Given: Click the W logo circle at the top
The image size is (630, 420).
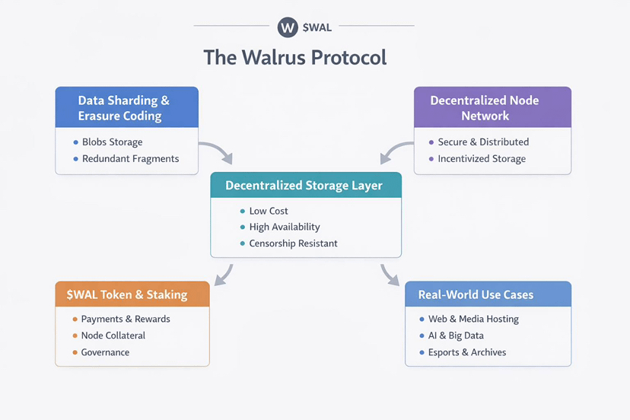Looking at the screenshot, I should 287,27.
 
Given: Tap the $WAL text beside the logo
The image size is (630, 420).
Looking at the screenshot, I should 317,27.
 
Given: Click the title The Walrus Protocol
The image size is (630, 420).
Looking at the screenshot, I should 295,58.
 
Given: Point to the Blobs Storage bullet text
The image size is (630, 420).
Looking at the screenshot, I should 112,142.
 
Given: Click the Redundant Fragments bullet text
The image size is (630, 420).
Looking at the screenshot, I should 130,158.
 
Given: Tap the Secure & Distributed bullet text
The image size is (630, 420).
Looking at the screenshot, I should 483,142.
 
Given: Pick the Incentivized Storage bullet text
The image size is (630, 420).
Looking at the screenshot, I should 482,158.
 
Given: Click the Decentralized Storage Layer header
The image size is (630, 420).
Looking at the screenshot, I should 304,186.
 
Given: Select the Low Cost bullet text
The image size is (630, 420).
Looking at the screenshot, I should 269,211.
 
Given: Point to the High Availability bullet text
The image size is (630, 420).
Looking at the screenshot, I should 285,227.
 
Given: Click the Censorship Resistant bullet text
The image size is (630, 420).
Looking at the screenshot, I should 293,243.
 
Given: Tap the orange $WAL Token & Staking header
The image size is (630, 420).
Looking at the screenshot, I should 132,294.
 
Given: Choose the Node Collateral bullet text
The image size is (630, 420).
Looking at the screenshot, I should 113,336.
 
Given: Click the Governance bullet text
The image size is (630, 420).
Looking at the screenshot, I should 105,352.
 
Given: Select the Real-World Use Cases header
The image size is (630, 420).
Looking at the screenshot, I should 476,294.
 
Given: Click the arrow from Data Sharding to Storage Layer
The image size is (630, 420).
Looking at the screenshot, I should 217,151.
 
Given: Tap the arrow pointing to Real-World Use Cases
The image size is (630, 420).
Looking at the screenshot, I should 389,275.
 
